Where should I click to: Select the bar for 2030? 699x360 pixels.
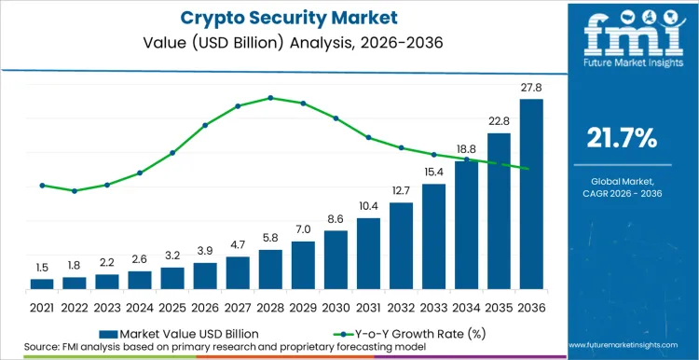(336, 260)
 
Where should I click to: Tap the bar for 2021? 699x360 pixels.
(42, 284)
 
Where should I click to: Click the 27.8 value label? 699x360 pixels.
(531, 87)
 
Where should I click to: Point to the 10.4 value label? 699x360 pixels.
(368, 206)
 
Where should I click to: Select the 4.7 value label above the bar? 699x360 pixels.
(238, 244)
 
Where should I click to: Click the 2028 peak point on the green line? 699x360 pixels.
(270, 97)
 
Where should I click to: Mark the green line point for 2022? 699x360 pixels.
(75, 190)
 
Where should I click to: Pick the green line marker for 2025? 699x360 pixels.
(172, 153)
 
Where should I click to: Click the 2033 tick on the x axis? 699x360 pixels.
(433, 307)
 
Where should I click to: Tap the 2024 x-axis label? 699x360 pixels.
(140, 307)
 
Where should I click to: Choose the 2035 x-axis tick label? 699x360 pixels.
(499, 307)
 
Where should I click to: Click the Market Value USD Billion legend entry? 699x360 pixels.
(177, 332)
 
